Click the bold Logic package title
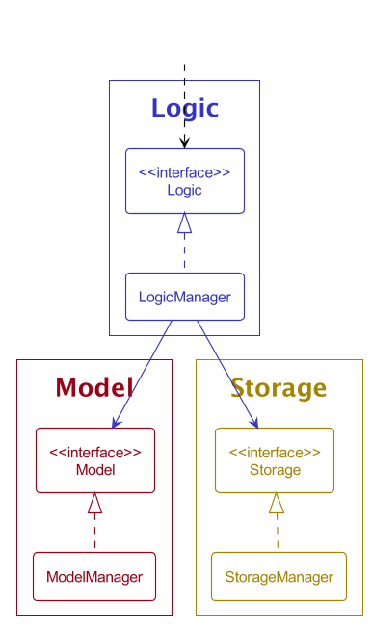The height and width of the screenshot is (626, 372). point(184,109)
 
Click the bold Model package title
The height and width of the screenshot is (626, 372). point(93,388)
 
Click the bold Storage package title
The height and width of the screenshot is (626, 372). point(279,388)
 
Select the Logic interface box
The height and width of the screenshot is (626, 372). point(184,181)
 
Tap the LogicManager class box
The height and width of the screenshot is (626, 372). point(184,297)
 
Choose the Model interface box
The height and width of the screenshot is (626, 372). point(94,460)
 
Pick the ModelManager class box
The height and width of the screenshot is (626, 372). point(94,577)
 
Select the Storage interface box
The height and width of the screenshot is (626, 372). point(275,460)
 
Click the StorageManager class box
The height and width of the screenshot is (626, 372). point(279,577)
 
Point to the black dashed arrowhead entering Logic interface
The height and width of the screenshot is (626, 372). point(184,143)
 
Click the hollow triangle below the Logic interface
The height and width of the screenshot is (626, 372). point(184,223)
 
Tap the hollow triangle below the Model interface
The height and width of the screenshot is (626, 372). point(94,503)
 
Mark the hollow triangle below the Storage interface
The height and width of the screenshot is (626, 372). point(277,503)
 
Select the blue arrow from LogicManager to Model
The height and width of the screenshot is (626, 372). point(143,374)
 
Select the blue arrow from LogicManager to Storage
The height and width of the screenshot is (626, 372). point(227,374)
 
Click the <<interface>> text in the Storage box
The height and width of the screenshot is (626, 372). point(275,452)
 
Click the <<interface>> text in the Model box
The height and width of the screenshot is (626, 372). point(94,452)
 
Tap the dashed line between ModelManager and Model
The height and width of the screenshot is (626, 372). point(94,533)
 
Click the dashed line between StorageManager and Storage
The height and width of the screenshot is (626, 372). point(277,533)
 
